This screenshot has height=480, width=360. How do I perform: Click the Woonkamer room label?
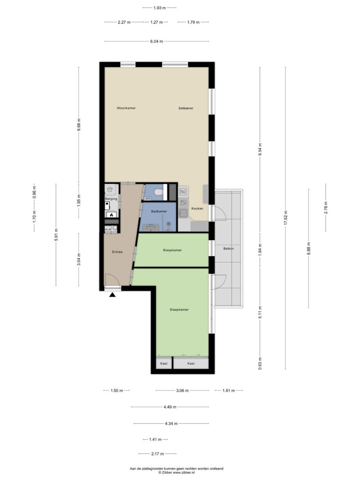(126, 108)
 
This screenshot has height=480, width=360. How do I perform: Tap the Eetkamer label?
(186, 108)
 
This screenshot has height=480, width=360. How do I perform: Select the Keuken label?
(197, 209)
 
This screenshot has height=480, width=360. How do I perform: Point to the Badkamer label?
(159, 211)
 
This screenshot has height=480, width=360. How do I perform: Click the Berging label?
(111, 199)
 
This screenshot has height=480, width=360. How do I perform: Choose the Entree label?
(117, 252)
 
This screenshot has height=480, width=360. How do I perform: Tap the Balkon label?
(229, 248)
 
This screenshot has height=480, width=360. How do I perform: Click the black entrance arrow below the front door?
(112, 295)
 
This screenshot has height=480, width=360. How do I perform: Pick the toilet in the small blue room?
(158, 192)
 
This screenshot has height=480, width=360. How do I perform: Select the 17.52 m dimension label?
(285, 218)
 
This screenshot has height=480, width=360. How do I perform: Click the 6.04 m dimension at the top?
(157, 41)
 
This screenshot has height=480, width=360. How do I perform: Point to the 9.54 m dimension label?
(260, 150)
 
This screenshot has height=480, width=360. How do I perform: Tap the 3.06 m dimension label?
(182, 390)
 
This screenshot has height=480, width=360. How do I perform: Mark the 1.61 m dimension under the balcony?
(229, 390)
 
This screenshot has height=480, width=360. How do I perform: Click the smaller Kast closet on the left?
(164, 363)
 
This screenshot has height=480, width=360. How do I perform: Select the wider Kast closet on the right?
(191, 363)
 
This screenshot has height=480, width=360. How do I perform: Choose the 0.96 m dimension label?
(34, 192)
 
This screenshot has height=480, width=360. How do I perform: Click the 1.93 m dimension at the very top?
(159, 8)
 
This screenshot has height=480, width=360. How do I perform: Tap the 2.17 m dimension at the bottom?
(157, 454)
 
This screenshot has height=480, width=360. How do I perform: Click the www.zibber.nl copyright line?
(176, 472)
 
